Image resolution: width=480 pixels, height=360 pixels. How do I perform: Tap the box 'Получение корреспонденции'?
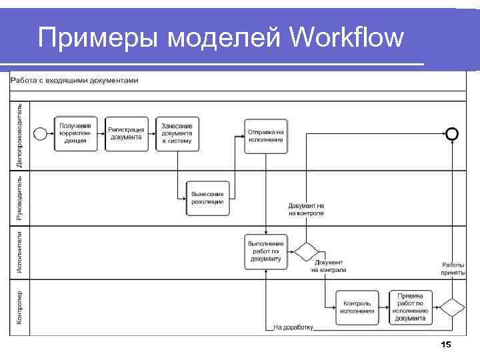point(75,133)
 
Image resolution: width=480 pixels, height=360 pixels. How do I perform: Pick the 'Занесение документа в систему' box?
point(177,133)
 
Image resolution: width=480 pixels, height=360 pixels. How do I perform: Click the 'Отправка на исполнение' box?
point(266,136)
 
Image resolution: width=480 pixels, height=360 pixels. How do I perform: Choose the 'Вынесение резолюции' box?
point(207,198)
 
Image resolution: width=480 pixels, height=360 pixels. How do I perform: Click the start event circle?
point(40,134)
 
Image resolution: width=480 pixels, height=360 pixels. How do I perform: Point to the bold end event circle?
point(452,134)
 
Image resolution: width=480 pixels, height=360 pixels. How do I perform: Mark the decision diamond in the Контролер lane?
point(452,307)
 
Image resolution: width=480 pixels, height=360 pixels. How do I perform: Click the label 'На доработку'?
point(293,328)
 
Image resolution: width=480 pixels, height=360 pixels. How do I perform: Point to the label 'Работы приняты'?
point(453,269)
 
